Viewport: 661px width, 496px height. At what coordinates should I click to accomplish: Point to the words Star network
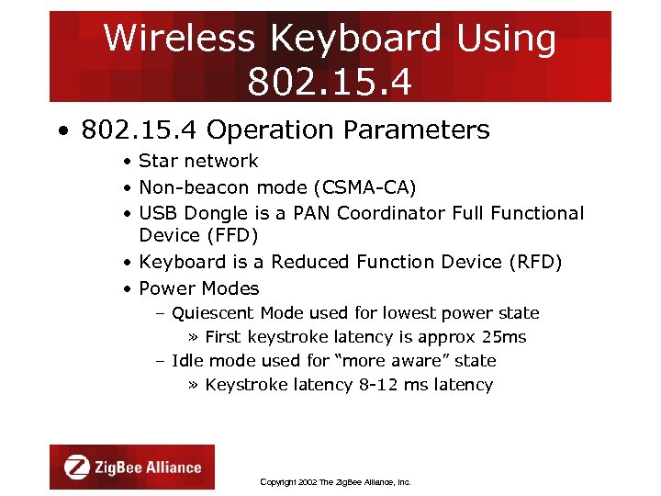(x=198, y=161)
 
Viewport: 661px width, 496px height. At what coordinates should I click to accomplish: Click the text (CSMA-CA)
(x=364, y=187)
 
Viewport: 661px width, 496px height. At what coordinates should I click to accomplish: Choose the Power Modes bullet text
(x=198, y=288)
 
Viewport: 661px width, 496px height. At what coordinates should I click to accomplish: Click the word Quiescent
(x=213, y=313)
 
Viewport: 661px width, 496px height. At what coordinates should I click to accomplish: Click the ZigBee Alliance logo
(x=132, y=467)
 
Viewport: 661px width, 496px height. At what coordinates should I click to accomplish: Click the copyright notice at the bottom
(x=335, y=481)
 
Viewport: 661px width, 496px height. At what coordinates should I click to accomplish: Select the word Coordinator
(x=394, y=213)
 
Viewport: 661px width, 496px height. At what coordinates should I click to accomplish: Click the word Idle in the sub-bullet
(x=187, y=361)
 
